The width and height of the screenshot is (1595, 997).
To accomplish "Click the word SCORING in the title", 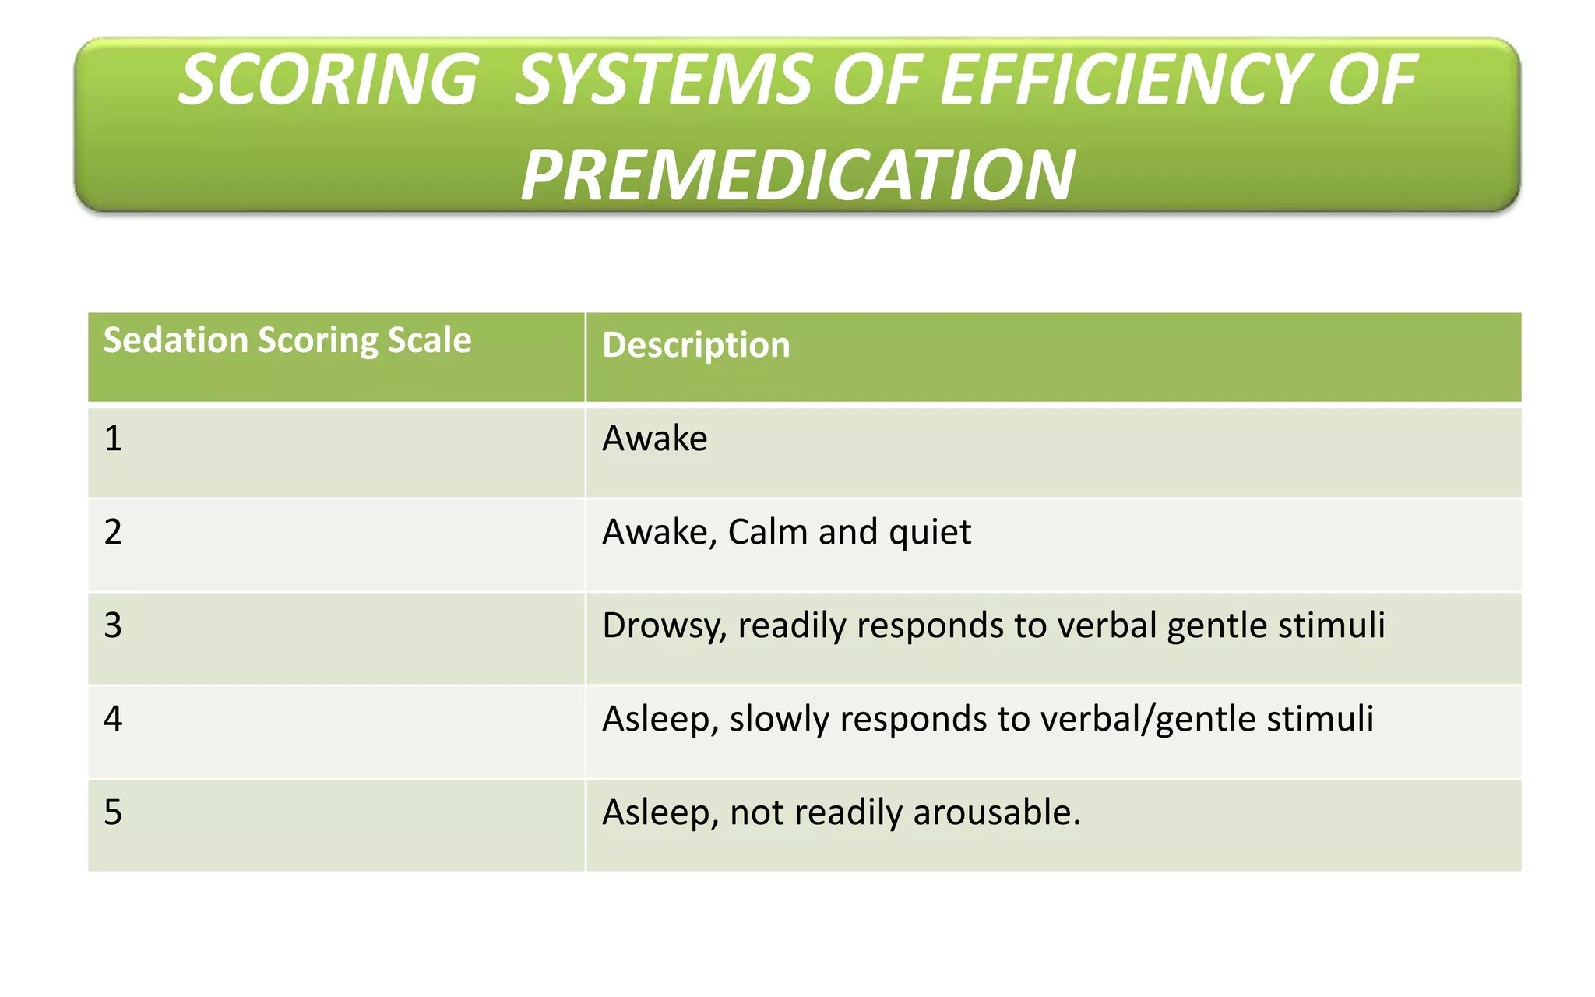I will coord(328,80).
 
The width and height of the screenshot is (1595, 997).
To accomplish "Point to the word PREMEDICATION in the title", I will coord(797,175).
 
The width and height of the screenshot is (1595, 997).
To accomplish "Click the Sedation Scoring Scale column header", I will coord(287,340).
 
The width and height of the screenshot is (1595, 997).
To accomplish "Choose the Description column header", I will coord(695,345).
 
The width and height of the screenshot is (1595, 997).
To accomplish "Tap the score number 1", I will coord(114,439).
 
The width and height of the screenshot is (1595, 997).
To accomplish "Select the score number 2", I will coord(114,532).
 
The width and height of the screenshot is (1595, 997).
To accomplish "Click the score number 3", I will coord(114,625).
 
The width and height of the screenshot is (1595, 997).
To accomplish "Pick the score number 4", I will coord(114,718).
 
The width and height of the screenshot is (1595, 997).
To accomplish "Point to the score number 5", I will coord(114,812).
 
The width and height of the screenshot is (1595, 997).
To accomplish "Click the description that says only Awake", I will coord(654,439).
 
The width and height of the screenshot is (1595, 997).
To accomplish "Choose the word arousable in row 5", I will coord(997,812).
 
